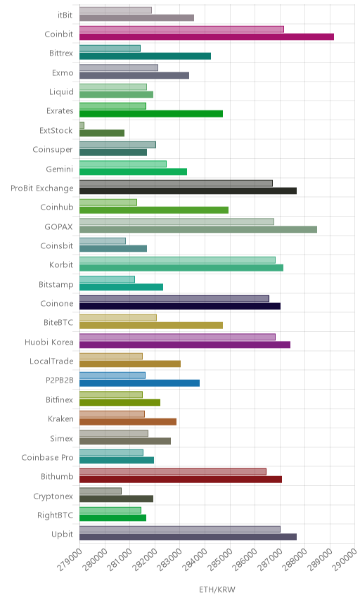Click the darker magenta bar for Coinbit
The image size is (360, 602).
click(207, 37)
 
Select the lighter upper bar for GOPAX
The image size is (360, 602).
click(177, 222)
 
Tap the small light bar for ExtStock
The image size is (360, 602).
click(82, 125)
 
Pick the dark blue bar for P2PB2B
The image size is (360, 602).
click(140, 383)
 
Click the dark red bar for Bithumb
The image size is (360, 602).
click(181, 479)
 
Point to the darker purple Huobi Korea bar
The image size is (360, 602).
click(185, 345)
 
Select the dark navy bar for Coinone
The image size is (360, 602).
click(180, 306)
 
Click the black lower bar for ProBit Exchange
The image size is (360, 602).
click(188, 191)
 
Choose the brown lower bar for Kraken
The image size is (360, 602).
click(128, 421)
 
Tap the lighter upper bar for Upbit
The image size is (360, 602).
click(180, 529)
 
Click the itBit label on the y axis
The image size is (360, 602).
click(65, 15)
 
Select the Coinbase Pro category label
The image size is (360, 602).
click(47, 457)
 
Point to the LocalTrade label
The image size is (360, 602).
click(51, 361)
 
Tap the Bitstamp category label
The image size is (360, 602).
click(56, 285)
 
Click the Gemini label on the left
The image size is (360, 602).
click(60, 169)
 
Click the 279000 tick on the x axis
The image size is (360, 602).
click(70, 560)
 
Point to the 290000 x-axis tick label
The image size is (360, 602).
click(345, 560)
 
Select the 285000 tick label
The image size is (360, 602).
click(220, 560)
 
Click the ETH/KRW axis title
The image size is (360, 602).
click(217, 590)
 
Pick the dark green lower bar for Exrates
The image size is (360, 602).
click(151, 114)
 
